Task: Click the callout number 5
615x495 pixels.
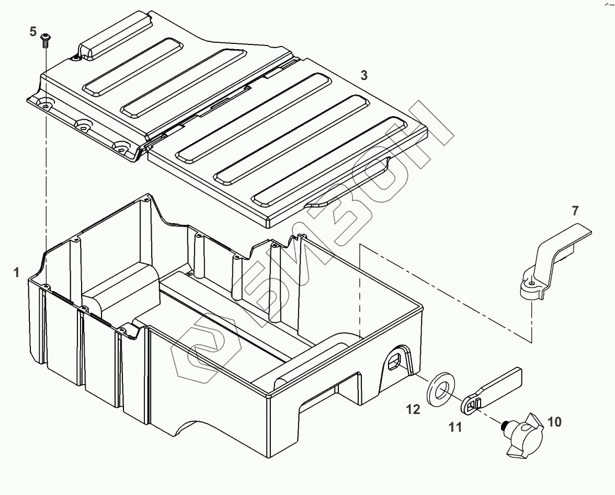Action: click(x=33, y=32)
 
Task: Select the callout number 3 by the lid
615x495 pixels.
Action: click(x=364, y=75)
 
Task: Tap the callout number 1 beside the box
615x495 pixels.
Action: click(x=17, y=272)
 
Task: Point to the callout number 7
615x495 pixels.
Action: click(x=575, y=211)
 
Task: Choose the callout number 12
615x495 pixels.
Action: click(x=413, y=409)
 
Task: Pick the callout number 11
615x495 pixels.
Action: click(x=455, y=428)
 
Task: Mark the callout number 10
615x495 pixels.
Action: click(x=554, y=421)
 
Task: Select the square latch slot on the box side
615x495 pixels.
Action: click(x=396, y=360)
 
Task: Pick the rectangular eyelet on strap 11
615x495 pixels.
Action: click(x=472, y=402)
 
